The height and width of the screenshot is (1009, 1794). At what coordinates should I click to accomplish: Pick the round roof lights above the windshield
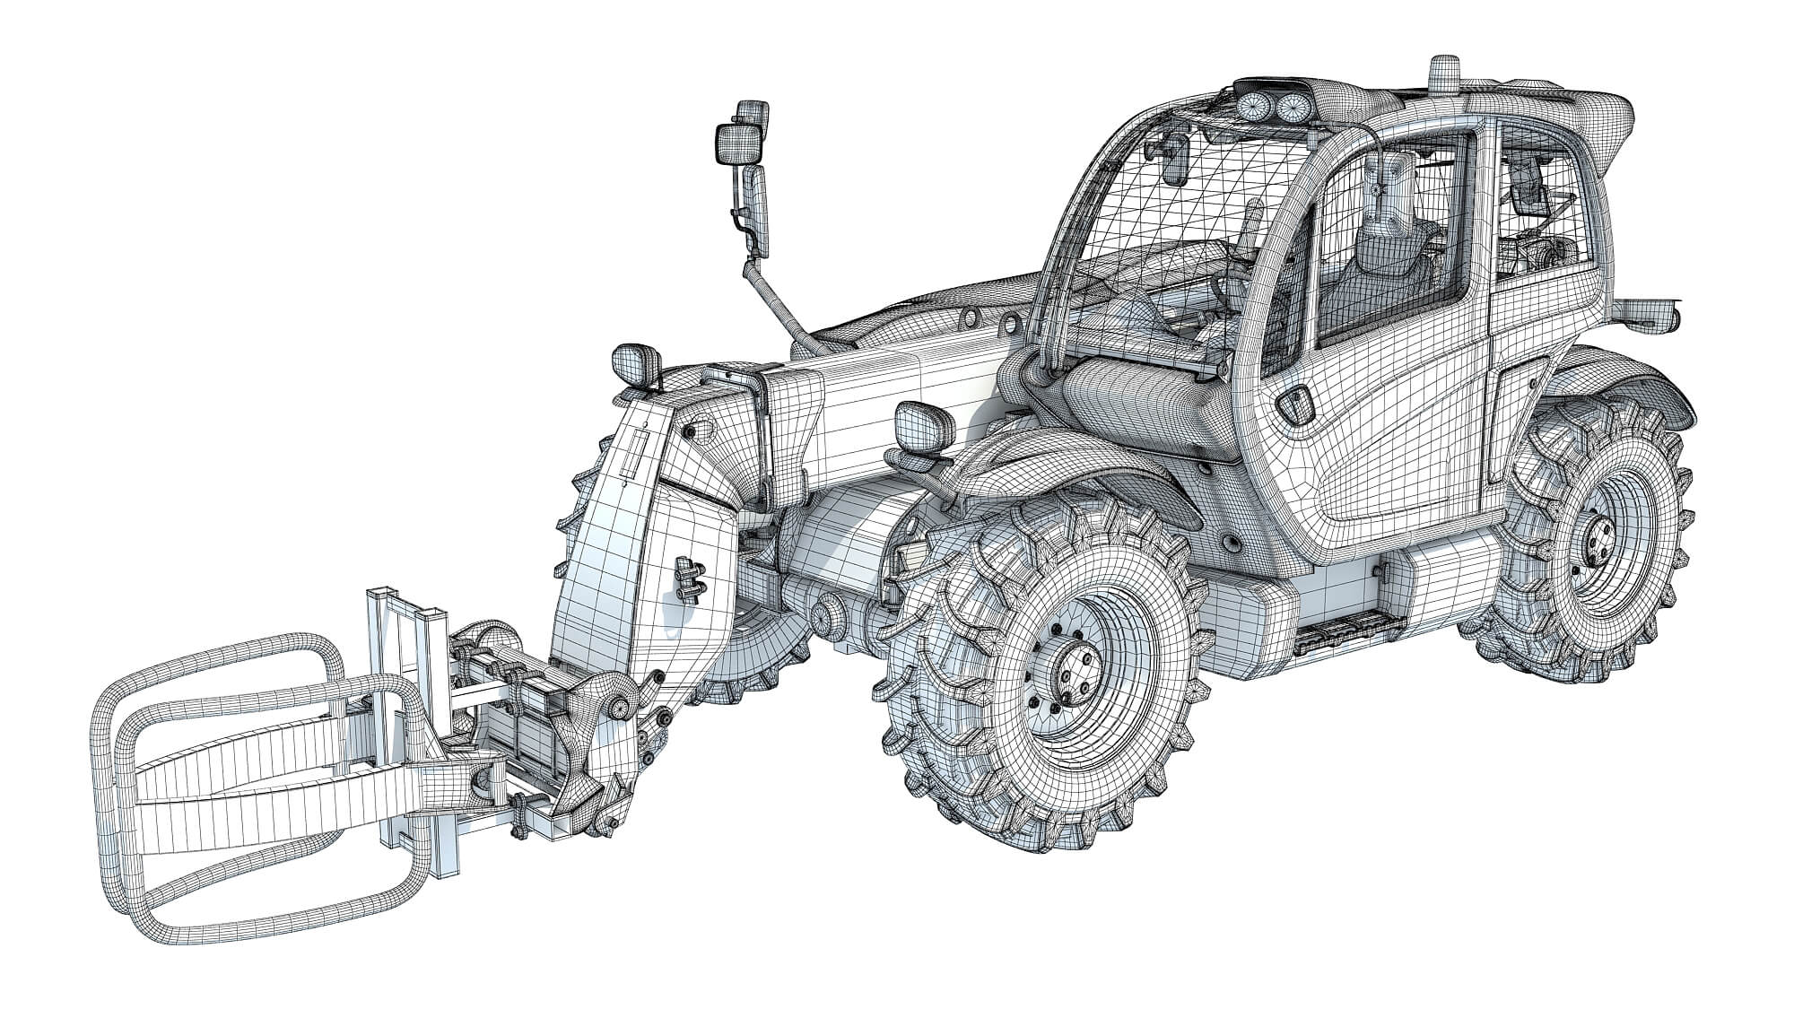tap(1269, 108)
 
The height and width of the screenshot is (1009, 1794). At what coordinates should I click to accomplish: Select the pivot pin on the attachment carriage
tap(619, 709)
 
